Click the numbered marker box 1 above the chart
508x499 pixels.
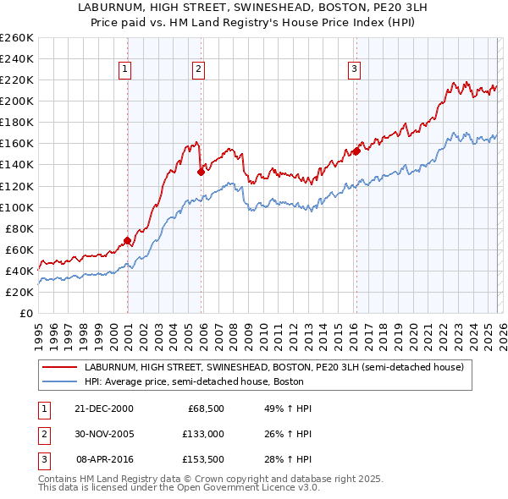(x=125, y=69)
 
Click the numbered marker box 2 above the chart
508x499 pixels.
(x=198, y=69)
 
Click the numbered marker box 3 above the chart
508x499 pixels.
(x=354, y=69)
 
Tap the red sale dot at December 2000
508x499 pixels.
(x=127, y=240)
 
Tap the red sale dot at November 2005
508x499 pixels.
(x=201, y=172)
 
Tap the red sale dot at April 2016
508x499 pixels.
(x=356, y=151)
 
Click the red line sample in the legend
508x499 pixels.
(x=59, y=368)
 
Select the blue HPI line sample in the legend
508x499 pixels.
(x=59, y=381)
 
